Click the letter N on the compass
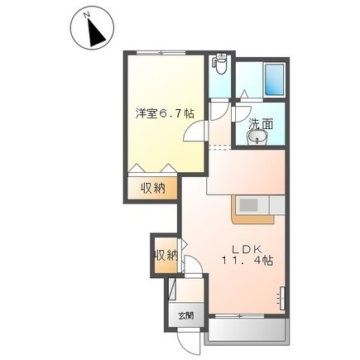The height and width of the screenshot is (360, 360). (88, 16)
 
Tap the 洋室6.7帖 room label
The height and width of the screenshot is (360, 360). (165, 113)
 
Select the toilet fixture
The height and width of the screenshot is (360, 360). (220, 64)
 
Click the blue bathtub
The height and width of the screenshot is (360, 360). (275, 79)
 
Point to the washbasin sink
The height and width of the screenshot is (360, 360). (257, 137)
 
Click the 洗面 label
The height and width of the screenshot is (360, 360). (261, 124)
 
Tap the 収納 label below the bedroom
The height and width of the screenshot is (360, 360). (153, 189)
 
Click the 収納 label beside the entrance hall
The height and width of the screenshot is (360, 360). (166, 255)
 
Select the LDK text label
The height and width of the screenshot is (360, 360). (246, 249)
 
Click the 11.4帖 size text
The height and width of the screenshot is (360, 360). (247, 260)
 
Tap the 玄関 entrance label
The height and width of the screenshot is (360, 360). (186, 315)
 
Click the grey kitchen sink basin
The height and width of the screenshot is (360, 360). (248, 205)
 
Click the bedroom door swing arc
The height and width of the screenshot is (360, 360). (193, 130)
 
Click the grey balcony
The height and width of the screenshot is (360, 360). (247, 331)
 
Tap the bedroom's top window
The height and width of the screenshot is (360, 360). (161, 53)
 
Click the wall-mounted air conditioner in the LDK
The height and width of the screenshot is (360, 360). (282, 298)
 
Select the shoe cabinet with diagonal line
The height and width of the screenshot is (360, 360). (172, 289)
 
